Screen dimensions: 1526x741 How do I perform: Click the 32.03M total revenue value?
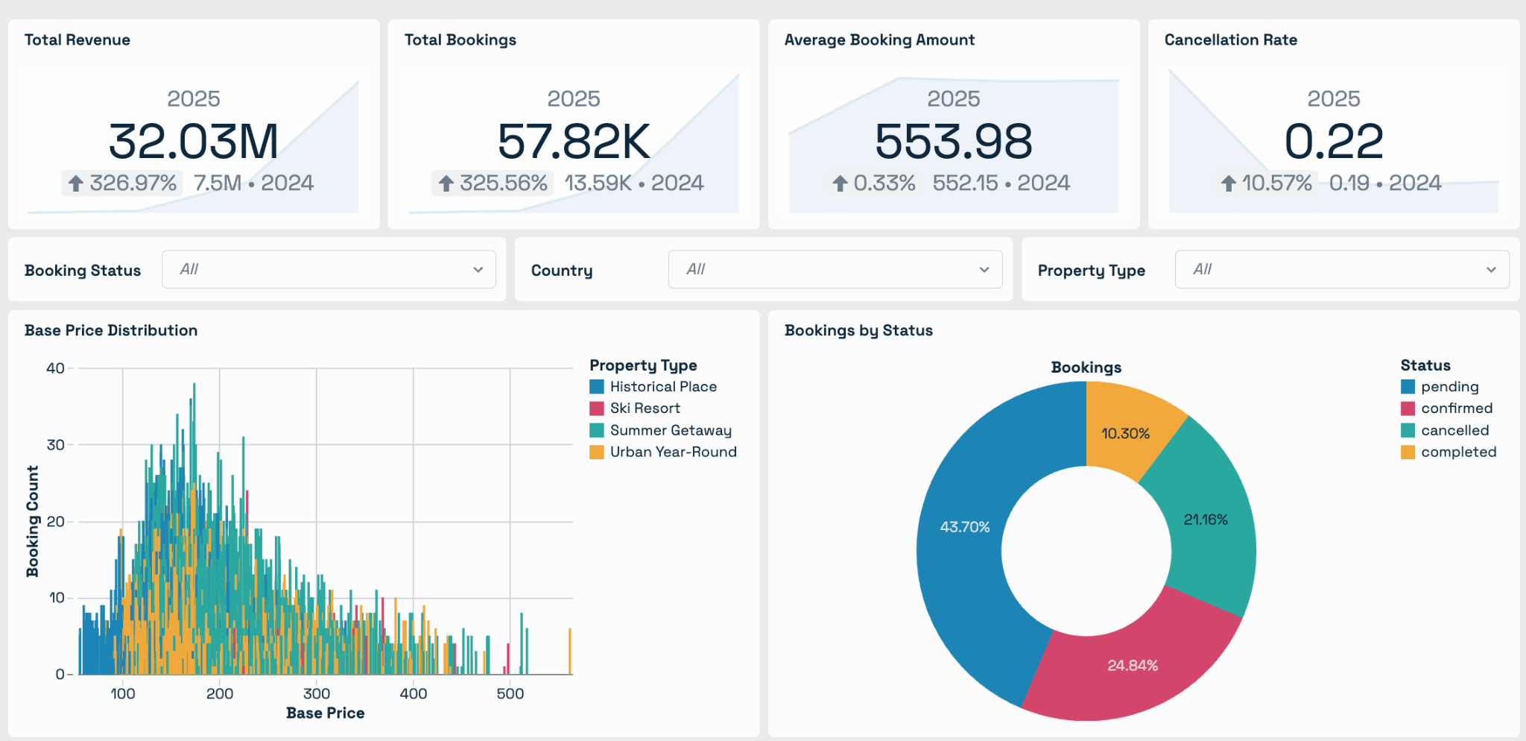[x=194, y=142]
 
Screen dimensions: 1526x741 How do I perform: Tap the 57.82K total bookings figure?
[x=574, y=142]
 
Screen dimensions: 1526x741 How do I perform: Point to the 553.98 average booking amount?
[x=954, y=142]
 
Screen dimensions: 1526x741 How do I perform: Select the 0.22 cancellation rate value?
[x=1334, y=142]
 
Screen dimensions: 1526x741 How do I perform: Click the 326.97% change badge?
[x=122, y=183]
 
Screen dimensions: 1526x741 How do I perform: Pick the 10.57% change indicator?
[x=1266, y=183]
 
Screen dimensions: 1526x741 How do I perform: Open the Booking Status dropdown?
[x=329, y=269]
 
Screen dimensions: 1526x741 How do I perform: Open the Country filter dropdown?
[x=835, y=269]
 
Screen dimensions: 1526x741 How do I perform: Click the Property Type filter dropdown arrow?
[x=1491, y=270]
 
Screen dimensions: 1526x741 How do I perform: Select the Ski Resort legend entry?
[x=635, y=409]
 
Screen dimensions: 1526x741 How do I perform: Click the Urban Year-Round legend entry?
[x=663, y=452]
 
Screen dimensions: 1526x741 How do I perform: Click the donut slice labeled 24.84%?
[x=1133, y=665]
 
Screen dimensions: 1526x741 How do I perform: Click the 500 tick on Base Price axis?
[x=510, y=694]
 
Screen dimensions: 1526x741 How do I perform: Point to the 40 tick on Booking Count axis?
[x=55, y=368]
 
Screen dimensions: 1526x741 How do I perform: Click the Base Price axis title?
[x=326, y=713]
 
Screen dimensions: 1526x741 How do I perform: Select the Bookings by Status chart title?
[x=858, y=330]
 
